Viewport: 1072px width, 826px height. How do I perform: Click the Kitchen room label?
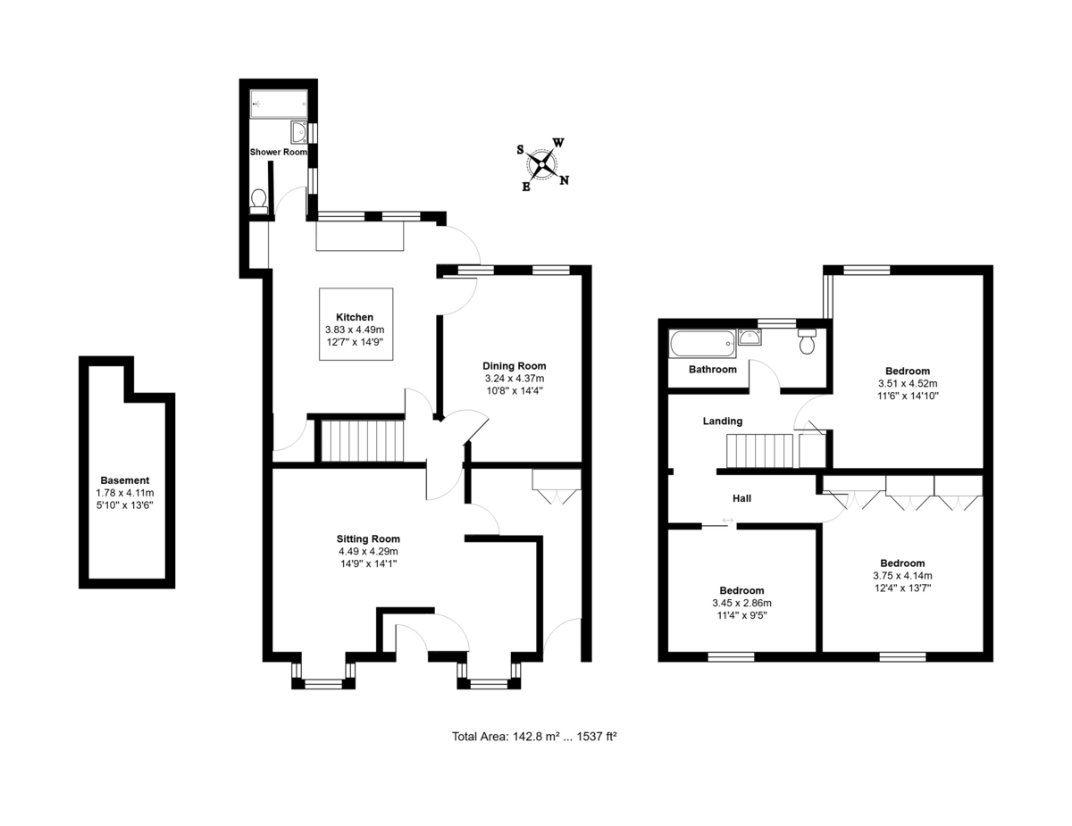tap(355, 317)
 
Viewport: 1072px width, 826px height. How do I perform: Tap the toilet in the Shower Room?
tap(258, 202)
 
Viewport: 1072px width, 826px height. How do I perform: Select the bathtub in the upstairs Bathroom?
tap(702, 343)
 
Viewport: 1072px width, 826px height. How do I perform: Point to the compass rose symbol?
tap(542, 164)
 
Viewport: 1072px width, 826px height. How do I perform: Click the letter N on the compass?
tap(564, 180)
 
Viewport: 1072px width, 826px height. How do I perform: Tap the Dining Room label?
tap(514, 366)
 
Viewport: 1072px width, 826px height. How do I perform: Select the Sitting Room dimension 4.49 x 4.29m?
tap(368, 551)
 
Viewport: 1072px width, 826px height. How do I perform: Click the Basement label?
tap(125, 480)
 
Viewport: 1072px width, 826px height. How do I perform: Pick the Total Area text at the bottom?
tap(535, 737)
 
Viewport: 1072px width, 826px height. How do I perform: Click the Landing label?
tap(723, 421)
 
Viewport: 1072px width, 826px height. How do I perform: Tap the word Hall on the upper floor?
tap(742, 498)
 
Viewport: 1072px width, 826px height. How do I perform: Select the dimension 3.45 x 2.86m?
tap(742, 603)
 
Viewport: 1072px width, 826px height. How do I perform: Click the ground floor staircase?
tap(363, 440)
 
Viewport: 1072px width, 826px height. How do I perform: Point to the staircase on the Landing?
tap(759, 450)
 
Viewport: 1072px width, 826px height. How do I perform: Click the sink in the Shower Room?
tap(299, 132)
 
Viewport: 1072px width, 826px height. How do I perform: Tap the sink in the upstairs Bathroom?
tap(750, 337)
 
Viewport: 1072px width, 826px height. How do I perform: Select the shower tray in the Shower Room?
tap(279, 104)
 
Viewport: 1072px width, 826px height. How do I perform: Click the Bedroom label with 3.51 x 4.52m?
tap(908, 371)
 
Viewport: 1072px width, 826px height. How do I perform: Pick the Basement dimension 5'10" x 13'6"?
tap(125, 505)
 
